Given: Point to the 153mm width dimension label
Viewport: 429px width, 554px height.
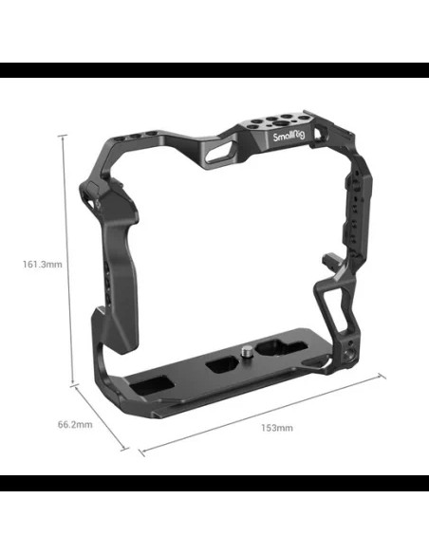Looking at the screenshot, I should [x=277, y=428].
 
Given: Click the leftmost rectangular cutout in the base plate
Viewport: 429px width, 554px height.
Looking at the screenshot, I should [x=152, y=383].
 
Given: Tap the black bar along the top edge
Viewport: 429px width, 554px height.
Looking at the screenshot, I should [x=214, y=70].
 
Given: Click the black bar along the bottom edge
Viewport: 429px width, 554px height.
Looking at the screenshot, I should [x=214, y=483].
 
